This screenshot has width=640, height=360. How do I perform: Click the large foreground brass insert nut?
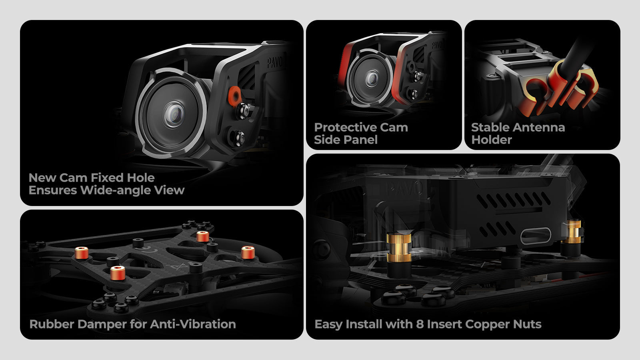[x=399, y=248]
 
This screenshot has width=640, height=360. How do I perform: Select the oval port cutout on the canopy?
[x=536, y=236]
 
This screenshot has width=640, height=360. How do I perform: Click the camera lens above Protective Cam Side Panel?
[x=372, y=78]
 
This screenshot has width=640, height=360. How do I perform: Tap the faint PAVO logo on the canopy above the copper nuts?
[x=404, y=188]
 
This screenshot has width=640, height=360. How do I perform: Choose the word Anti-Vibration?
[x=193, y=324]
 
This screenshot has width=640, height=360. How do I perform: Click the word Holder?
[x=492, y=140]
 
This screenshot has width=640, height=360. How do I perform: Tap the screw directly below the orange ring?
[x=243, y=111]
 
